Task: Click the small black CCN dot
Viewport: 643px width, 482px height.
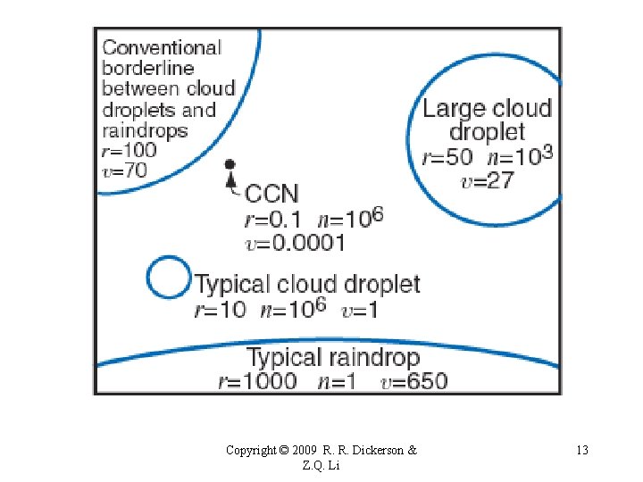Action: [x=230, y=165]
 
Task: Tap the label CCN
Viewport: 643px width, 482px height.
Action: [x=272, y=193]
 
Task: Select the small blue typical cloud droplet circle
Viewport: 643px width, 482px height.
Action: [x=168, y=278]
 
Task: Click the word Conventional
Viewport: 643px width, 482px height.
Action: [x=162, y=47]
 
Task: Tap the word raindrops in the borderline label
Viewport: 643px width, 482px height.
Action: [x=145, y=130]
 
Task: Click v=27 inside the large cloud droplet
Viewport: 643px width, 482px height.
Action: [x=488, y=181]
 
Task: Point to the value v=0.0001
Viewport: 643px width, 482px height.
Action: [x=294, y=242]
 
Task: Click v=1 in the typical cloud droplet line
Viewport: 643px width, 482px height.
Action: [x=362, y=310]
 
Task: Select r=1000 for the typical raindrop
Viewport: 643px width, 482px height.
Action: [x=257, y=381]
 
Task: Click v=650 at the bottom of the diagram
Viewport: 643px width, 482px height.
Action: [x=413, y=381]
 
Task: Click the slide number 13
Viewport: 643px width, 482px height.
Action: [x=582, y=450]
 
